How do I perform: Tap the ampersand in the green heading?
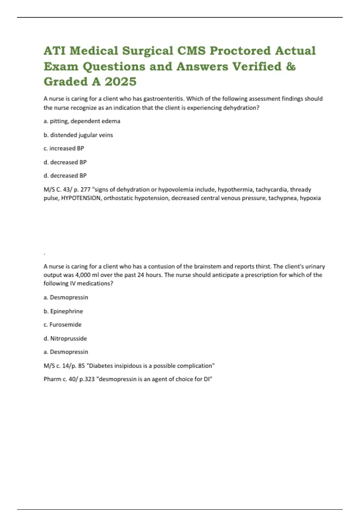point(291,66)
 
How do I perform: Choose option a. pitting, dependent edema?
point(82,121)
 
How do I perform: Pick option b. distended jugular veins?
point(78,135)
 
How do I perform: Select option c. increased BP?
point(64,148)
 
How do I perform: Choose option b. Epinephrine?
point(63,311)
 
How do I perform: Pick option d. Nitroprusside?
point(65,338)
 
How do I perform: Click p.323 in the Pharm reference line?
point(87,379)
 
